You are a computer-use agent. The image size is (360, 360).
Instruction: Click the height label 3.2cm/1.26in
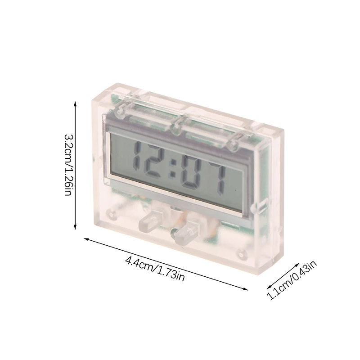pos(67,164)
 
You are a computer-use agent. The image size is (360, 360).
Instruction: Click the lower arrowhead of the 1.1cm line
pos(265,297)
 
